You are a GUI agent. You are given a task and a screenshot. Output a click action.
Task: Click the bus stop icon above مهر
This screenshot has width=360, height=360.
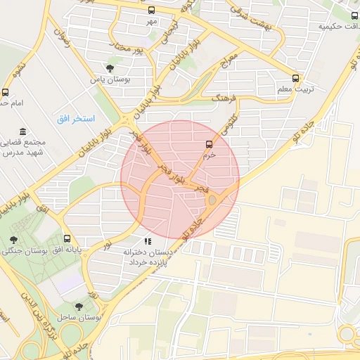[152, 10]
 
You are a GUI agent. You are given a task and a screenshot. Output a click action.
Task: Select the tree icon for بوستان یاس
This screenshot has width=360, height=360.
[110, 68]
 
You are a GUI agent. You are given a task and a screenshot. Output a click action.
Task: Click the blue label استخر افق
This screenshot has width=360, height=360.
[71, 118]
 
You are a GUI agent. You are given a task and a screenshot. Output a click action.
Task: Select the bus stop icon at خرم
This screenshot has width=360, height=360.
[208, 144]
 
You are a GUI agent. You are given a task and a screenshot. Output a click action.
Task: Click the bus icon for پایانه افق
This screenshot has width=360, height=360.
[67, 238]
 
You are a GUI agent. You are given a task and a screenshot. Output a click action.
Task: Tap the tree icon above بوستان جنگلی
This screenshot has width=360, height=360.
[14, 240]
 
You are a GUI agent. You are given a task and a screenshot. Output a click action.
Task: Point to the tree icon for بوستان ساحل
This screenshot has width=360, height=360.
[78, 307]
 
